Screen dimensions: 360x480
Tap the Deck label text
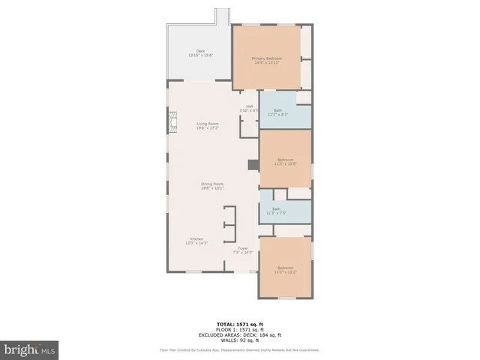tap(200, 51)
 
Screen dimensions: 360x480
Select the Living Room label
tap(208, 123)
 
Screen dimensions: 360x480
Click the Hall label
tap(249, 106)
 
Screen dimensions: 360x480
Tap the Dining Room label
tap(212, 184)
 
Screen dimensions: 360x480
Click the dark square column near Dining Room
tap(253, 164)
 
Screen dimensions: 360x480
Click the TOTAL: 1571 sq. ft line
tap(240, 323)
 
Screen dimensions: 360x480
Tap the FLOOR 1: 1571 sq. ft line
tap(240, 329)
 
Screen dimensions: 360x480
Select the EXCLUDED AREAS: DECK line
tap(240, 334)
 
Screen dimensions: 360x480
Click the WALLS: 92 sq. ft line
tap(240, 340)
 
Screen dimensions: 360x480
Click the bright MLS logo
tap(30, 349)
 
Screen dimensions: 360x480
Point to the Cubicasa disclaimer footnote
tap(240, 349)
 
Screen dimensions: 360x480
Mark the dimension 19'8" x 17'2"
tap(208, 128)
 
